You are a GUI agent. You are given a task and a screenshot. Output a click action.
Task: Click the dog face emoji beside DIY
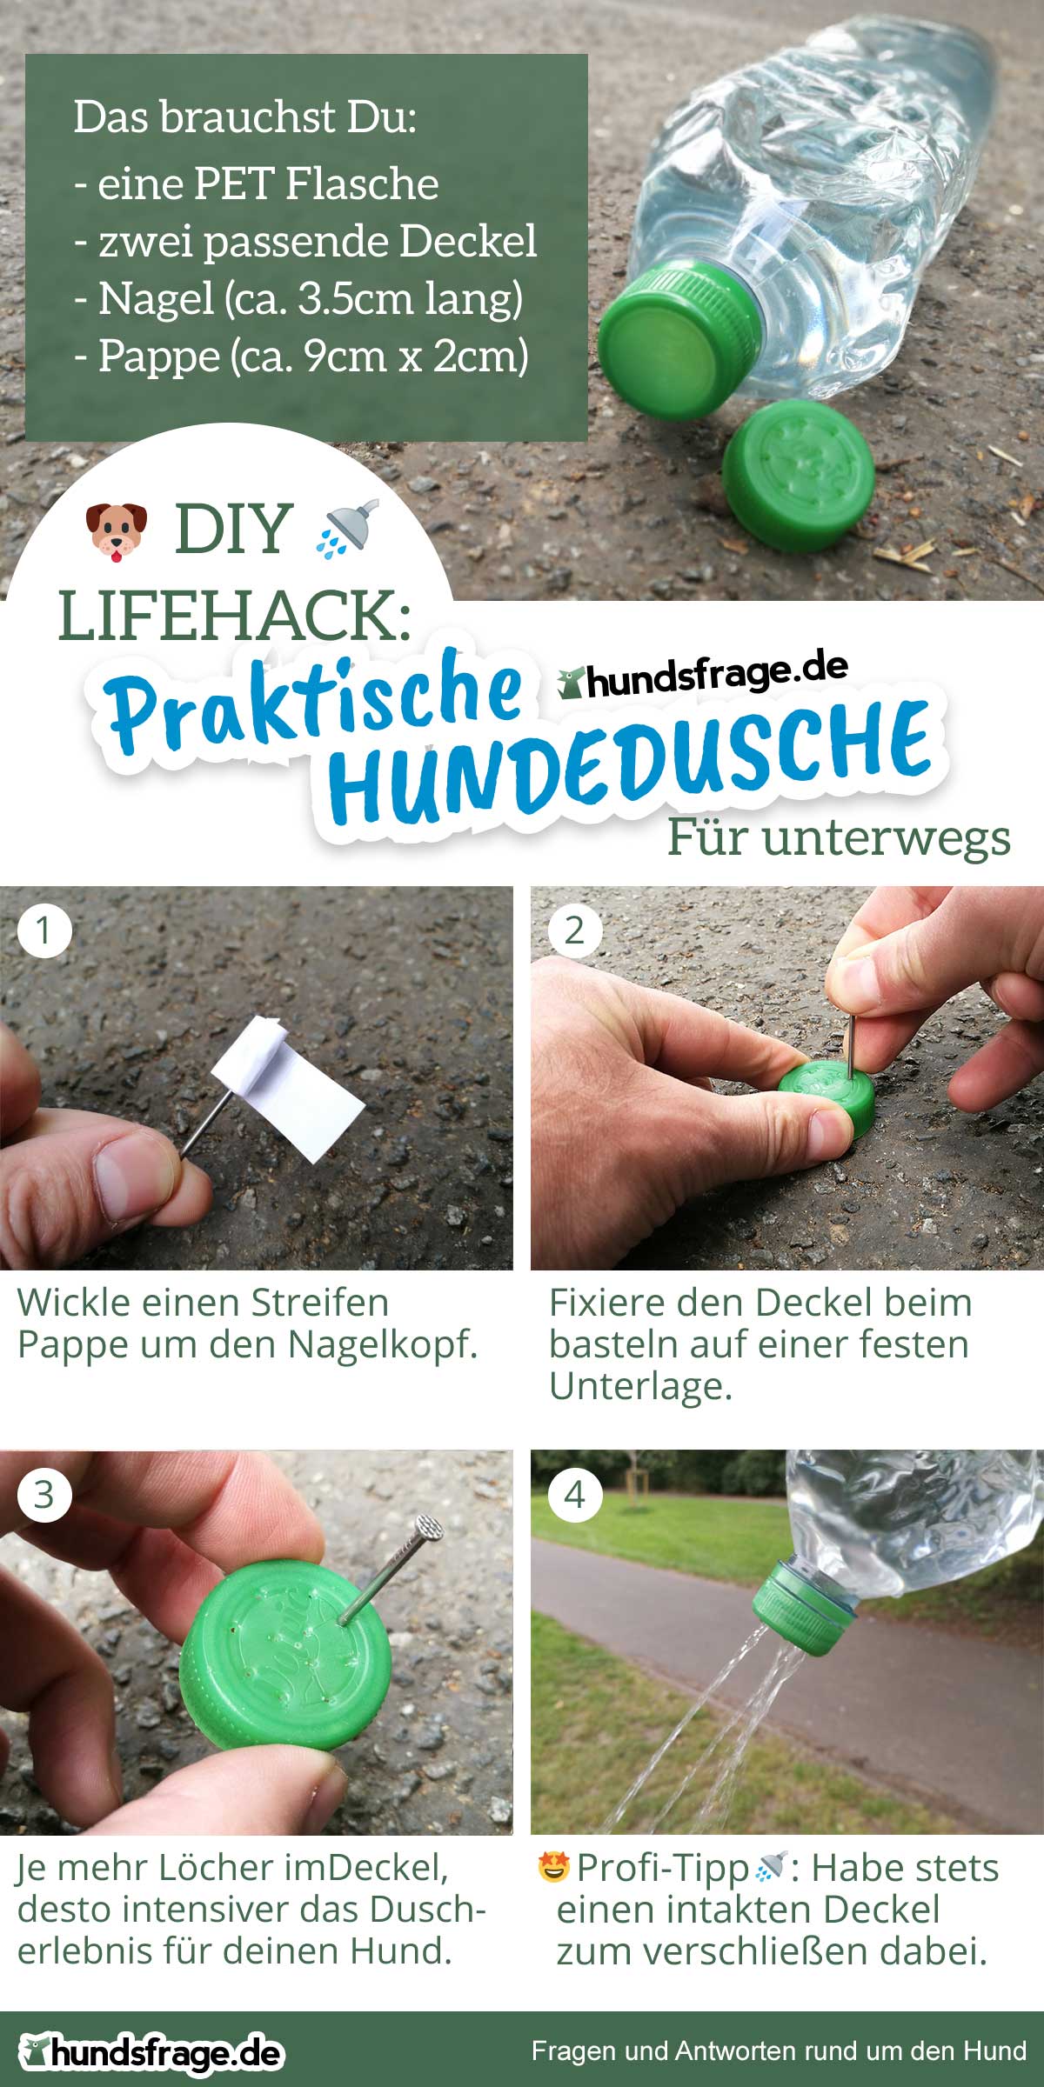pos(117,530)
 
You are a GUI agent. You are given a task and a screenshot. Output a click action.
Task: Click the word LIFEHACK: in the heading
pos(235,615)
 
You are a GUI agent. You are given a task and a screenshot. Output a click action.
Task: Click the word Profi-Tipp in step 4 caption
pos(663,1867)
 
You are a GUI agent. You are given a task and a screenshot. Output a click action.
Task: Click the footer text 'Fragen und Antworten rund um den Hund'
pos(779,2050)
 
